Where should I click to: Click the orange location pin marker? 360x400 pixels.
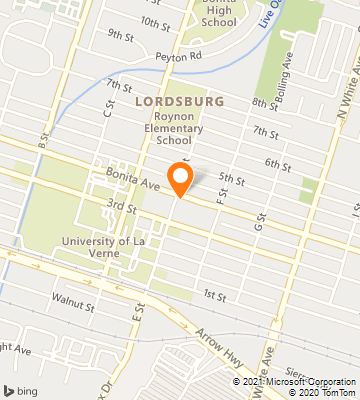click(x=180, y=177)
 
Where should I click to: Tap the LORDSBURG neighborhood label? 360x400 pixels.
click(x=177, y=102)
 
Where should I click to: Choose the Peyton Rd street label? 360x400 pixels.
click(x=178, y=57)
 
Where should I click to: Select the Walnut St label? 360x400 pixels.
click(x=74, y=298)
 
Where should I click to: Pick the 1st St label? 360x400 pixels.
click(x=214, y=296)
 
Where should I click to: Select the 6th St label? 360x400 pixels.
click(x=276, y=162)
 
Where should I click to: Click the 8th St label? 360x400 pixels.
click(x=264, y=103)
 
